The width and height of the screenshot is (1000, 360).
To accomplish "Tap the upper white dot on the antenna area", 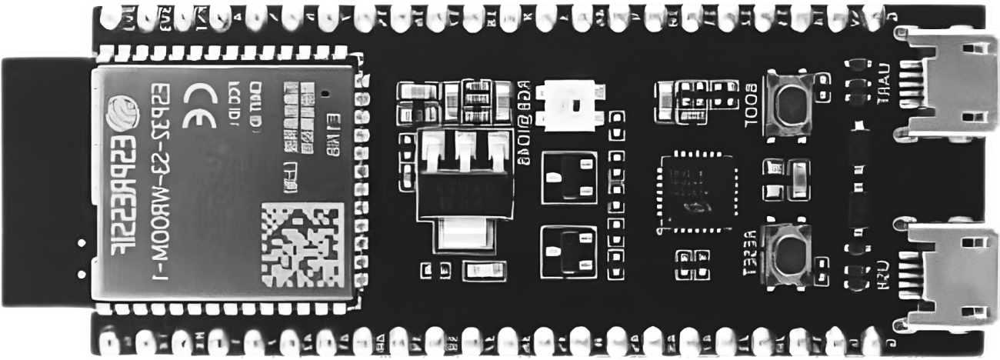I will (80, 244).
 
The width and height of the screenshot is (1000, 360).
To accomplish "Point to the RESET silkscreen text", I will (750, 253).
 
